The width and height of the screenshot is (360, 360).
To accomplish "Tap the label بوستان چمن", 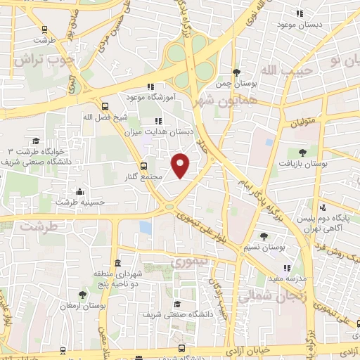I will click(x=233, y=84).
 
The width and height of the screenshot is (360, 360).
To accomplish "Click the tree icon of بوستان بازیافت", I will click(x=302, y=151).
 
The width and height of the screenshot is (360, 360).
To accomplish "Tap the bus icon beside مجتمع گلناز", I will click(x=143, y=167).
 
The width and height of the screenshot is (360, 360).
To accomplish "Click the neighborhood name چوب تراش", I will click(x=39, y=60).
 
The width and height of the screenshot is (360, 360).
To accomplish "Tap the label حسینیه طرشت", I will click(x=80, y=202).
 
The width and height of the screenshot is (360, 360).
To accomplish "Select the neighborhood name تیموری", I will click(x=187, y=263).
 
